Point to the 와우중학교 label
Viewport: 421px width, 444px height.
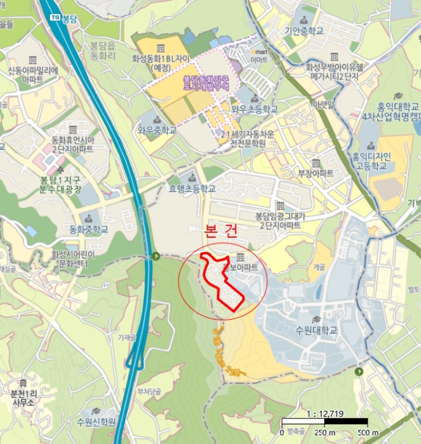[157, 131]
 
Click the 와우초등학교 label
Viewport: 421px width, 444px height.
[254, 109]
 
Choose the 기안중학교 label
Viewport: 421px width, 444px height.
[304, 30]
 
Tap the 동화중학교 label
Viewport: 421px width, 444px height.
[90, 229]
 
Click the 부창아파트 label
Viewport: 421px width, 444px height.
[316, 173]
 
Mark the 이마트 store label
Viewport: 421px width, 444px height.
[260, 59]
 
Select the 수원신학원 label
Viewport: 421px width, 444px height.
[96, 422]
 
